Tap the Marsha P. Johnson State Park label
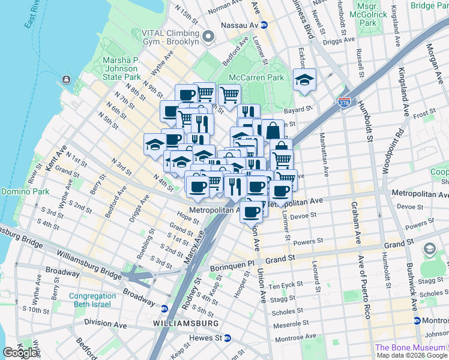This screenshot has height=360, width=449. click(x=122, y=68)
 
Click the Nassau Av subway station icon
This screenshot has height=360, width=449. click(x=264, y=26)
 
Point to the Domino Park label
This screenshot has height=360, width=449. click(x=22, y=191)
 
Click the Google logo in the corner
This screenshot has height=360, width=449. click(x=20, y=352)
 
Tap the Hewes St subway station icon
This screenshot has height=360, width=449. click(x=228, y=338)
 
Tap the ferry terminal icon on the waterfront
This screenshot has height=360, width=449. click(x=65, y=80)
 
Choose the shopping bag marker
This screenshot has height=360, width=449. click(x=273, y=131)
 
